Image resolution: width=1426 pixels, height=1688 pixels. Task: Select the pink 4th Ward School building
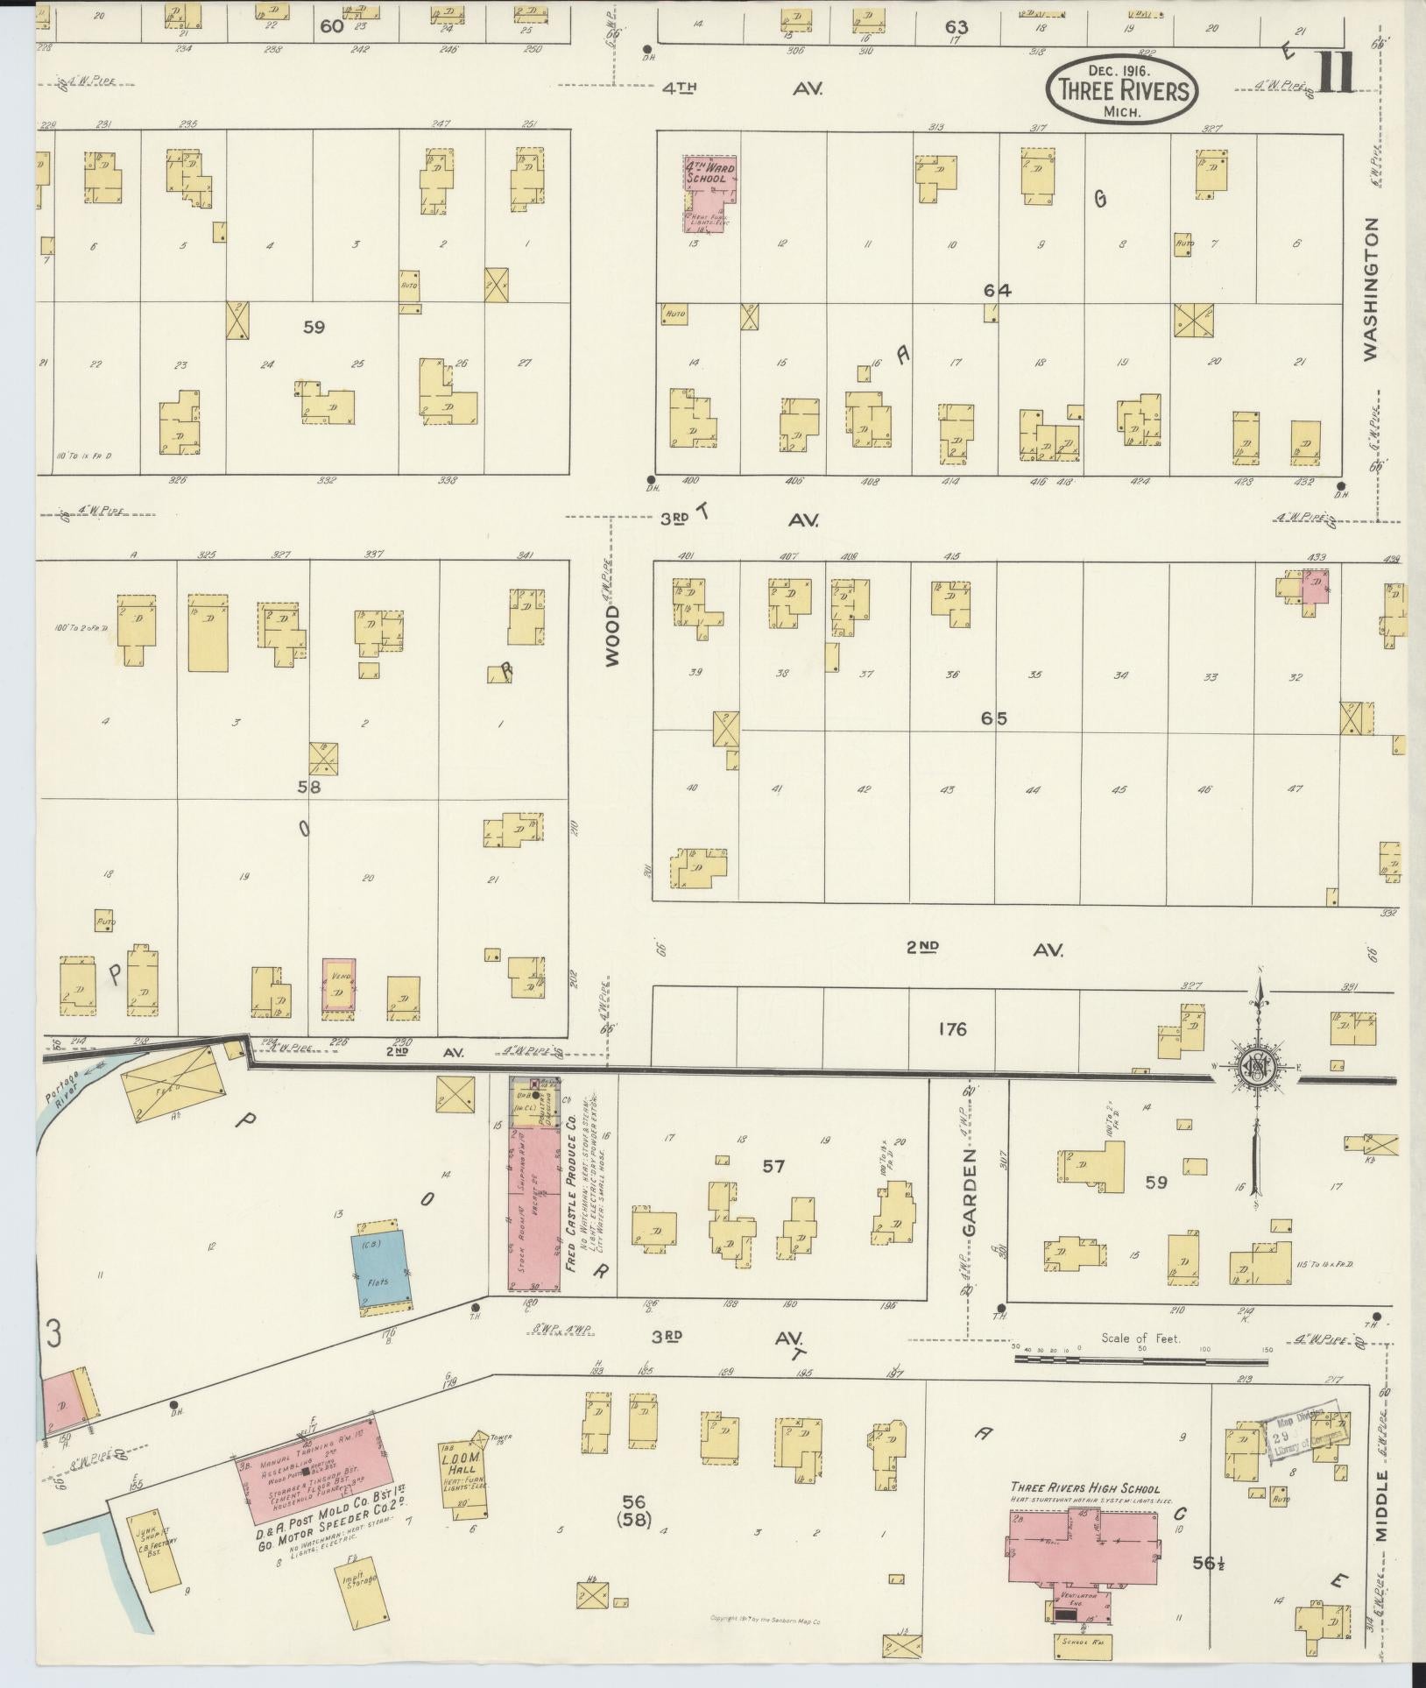[709, 194]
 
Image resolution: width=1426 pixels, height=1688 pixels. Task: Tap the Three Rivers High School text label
[1084, 1488]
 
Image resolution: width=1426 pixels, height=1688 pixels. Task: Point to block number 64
[997, 291]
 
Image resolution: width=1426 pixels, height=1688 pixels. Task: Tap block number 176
[951, 1029]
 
